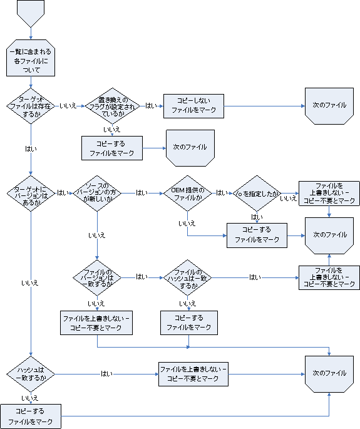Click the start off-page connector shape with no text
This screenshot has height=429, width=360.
[x=32, y=12]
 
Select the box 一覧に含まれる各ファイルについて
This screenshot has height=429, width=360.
[x=31, y=61]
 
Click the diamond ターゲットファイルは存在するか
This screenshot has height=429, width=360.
[x=31, y=106]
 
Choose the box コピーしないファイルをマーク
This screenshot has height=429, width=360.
[x=193, y=106]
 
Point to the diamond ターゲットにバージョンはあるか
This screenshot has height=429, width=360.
[x=31, y=193]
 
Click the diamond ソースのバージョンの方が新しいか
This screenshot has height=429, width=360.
[x=97, y=193]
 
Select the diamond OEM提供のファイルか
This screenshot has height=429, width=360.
[x=187, y=193]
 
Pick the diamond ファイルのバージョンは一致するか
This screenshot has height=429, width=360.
[x=97, y=276]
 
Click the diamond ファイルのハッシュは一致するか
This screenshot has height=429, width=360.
[x=187, y=276]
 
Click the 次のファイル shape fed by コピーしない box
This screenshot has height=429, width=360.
[x=329, y=105]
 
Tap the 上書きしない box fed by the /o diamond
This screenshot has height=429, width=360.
[x=328, y=193]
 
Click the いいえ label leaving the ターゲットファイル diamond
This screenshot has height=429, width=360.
[x=68, y=106]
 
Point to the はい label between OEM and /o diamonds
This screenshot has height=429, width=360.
[x=222, y=193]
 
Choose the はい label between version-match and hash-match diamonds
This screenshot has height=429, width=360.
[x=141, y=276]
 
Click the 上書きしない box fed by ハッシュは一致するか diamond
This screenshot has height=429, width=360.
[x=193, y=373]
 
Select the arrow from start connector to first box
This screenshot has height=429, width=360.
[x=31, y=36]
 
